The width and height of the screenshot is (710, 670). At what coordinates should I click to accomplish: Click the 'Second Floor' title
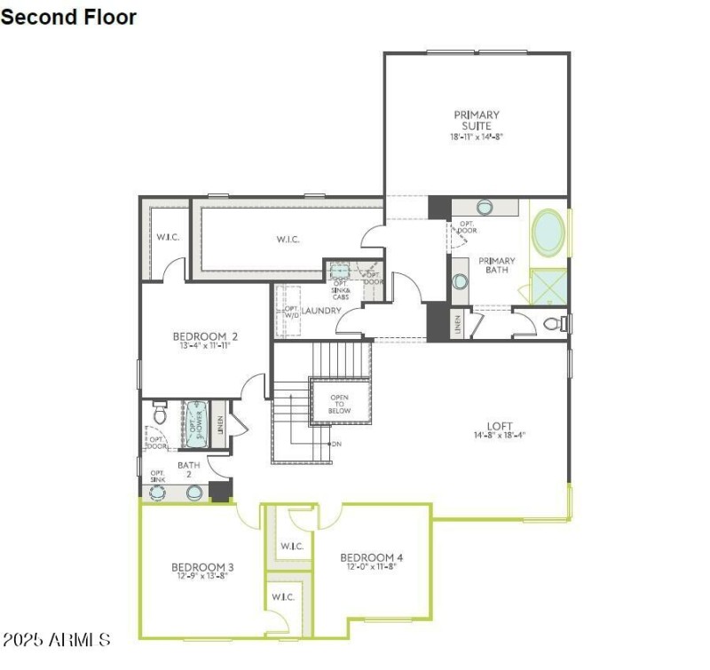point(69,17)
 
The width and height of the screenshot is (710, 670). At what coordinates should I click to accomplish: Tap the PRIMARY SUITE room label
point(477,120)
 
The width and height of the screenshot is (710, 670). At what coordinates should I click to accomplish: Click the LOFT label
point(500,426)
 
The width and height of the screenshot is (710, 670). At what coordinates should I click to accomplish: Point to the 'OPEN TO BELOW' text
point(340,404)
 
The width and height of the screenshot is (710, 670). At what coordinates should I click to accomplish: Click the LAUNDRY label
point(321,311)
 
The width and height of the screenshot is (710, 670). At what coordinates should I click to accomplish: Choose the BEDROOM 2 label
point(205,336)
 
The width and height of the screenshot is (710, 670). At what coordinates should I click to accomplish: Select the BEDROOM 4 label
point(372,557)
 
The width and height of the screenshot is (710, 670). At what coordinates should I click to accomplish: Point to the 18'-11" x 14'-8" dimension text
point(477,138)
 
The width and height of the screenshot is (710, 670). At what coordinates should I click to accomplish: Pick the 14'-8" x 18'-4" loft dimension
point(500,436)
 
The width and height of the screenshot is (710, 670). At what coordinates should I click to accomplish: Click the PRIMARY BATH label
point(496,265)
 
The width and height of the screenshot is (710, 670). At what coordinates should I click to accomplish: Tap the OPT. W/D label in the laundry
point(291,312)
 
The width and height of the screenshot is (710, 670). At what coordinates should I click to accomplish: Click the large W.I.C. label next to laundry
point(288,240)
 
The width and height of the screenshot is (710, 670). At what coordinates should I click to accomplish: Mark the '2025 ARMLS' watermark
point(55,639)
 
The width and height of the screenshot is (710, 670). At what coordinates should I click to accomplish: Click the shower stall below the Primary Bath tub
point(548,287)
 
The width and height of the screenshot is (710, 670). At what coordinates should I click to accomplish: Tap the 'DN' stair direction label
point(336,443)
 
